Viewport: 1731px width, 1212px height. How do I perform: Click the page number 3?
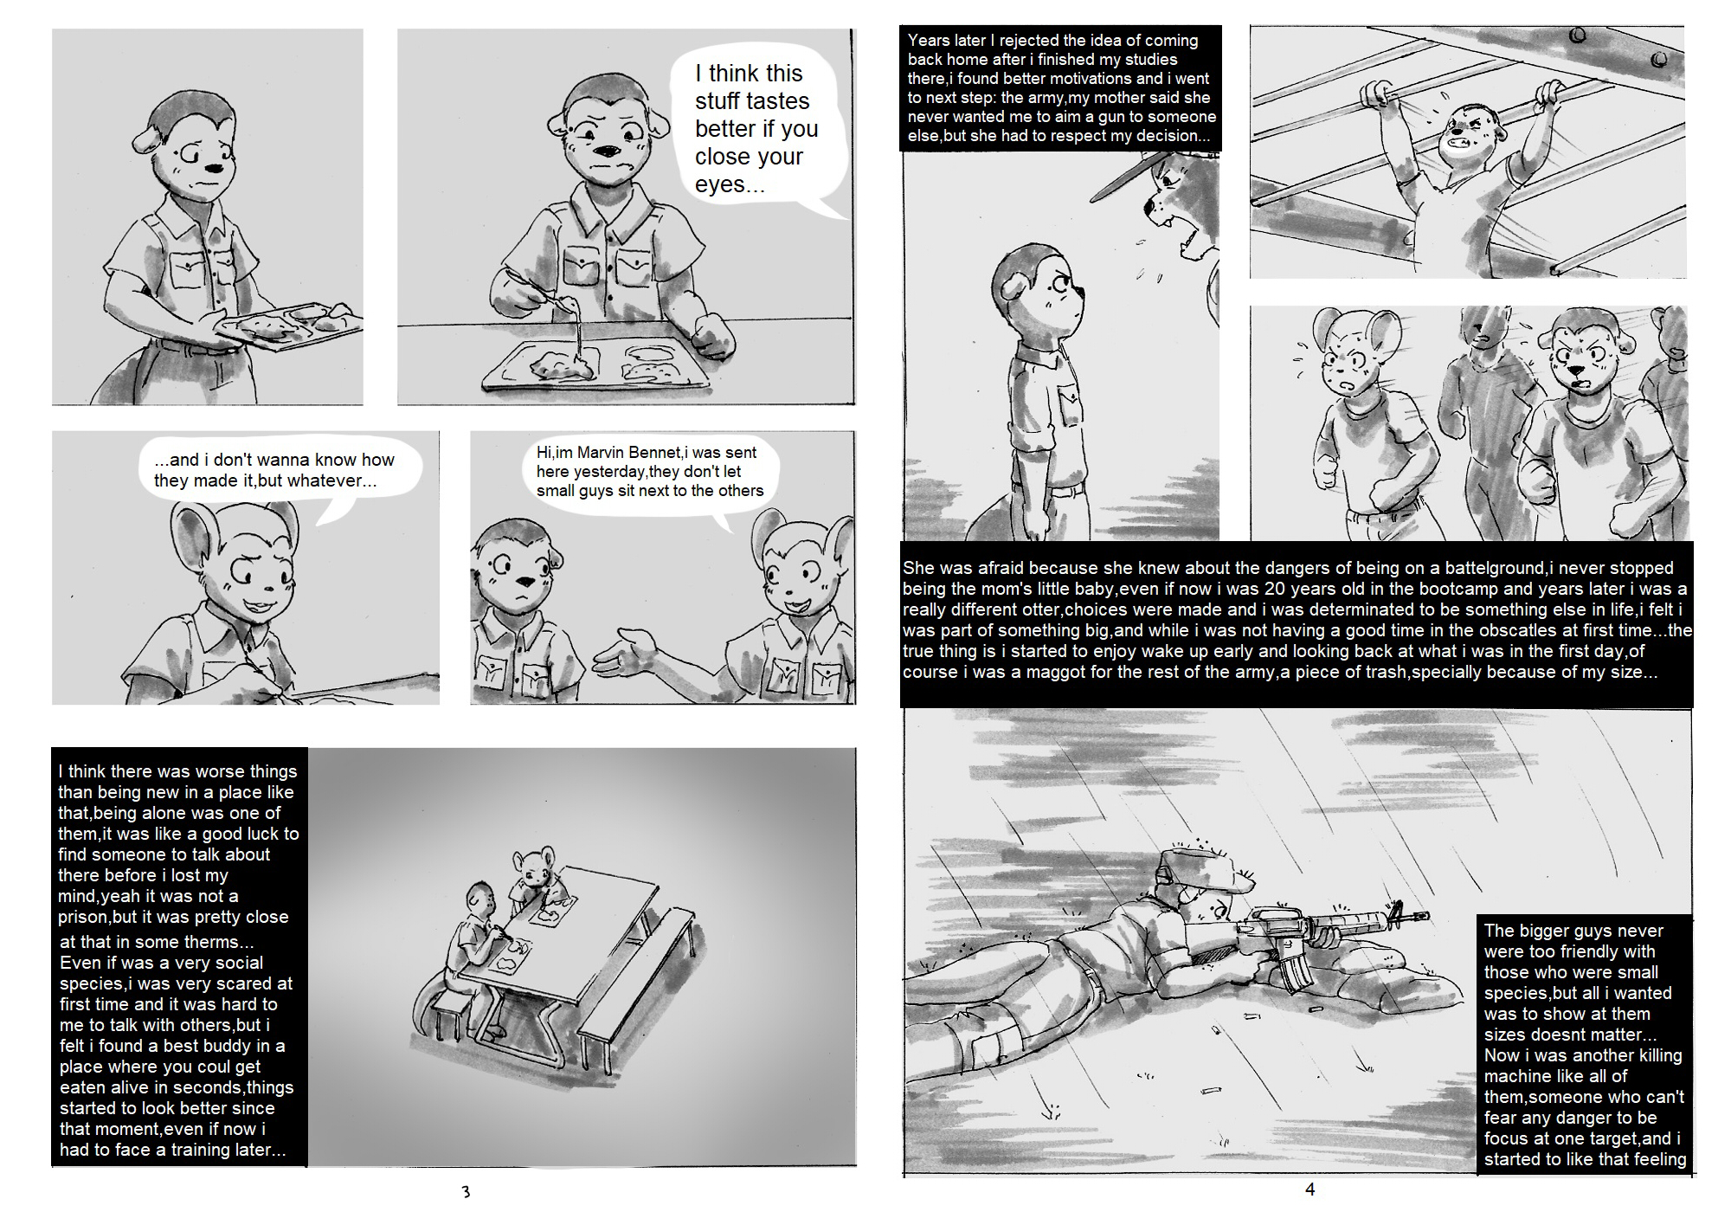pos(466,1191)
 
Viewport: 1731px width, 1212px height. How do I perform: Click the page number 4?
pos(1310,1189)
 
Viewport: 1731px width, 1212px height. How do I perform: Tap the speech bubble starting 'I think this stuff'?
pos(755,130)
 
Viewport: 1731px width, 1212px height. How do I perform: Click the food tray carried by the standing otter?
pos(289,324)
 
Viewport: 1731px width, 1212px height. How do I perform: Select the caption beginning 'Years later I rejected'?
pos(1060,87)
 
